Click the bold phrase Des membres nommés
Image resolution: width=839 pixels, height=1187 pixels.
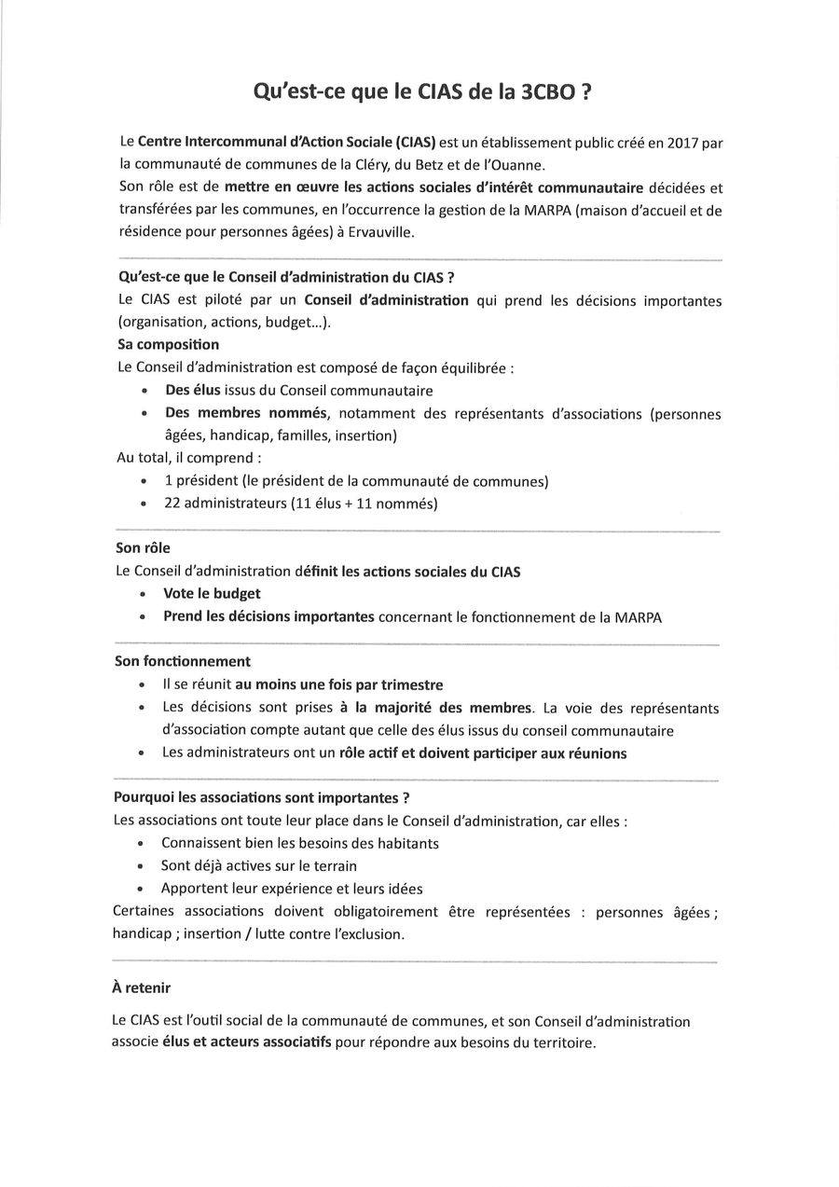(x=245, y=413)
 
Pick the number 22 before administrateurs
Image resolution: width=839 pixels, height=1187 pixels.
(x=172, y=504)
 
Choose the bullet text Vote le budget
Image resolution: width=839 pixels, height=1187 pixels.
(x=212, y=593)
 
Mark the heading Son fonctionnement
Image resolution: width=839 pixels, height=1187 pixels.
(x=181, y=661)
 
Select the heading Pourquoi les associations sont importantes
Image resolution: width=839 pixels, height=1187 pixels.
(x=261, y=798)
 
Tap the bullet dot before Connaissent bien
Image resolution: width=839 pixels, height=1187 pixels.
(x=142, y=844)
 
